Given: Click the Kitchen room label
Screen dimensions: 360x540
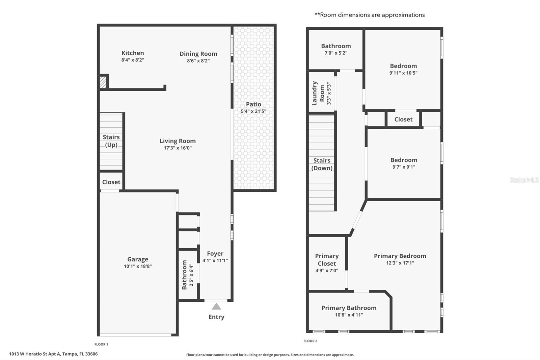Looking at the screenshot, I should pos(133,53).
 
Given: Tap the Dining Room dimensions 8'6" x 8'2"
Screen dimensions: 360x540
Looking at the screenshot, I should pos(198,61).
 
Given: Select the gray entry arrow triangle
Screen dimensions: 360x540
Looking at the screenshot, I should pos(216,307).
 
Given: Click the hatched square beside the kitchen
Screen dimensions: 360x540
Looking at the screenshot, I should pos(103,82).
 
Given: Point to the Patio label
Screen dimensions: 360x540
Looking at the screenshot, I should pos(253,104).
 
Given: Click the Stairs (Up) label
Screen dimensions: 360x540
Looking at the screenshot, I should pos(111,141).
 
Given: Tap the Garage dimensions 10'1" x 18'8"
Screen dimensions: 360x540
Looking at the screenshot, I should pos(138,266).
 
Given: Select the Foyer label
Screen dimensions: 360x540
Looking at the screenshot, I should pos(215,254).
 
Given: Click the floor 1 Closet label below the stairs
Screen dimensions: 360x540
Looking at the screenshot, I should pos(111,182).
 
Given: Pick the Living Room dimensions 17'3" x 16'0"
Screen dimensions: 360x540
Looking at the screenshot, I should pos(178,148).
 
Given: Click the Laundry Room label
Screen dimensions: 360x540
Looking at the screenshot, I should pos(318,93).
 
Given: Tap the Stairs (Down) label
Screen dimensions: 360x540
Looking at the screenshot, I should pos(322,164).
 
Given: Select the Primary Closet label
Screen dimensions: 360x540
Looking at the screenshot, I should pos(327,260).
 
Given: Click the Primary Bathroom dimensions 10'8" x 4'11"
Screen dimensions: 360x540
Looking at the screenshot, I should pos(349,315).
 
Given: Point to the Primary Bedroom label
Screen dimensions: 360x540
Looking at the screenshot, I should pos(400,256).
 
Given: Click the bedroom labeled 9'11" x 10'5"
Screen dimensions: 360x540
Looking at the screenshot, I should pos(403,69).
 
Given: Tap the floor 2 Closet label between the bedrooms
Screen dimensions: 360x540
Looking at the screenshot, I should pos(403,119).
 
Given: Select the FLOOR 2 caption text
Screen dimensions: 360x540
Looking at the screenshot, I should pos(310,341).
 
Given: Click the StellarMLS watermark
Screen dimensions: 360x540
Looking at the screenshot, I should pos(524,180).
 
